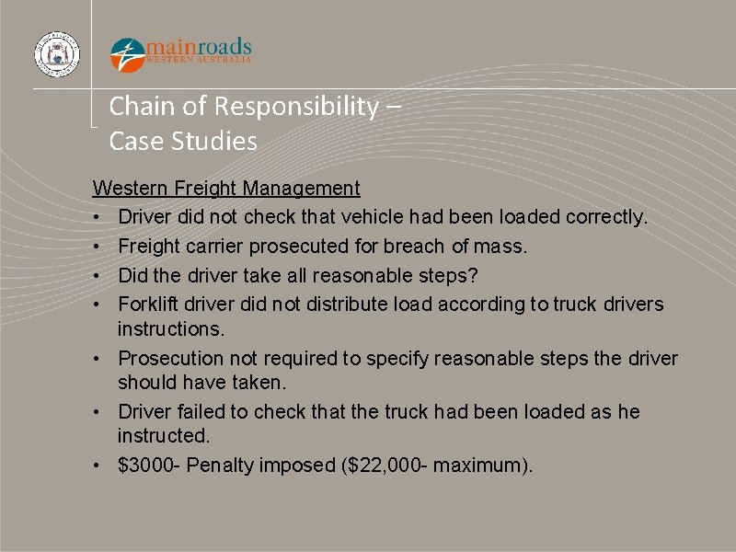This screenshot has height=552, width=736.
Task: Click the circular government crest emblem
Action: point(57,54)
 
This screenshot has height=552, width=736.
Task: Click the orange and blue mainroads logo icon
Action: point(127,54)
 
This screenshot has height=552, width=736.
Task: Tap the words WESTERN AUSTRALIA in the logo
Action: point(199,60)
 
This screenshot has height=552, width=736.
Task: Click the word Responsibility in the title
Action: point(294,107)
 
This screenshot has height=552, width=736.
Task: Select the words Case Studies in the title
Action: point(183,142)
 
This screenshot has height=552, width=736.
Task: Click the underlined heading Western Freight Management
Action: point(226,189)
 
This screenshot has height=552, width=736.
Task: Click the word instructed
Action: point(161,435)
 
